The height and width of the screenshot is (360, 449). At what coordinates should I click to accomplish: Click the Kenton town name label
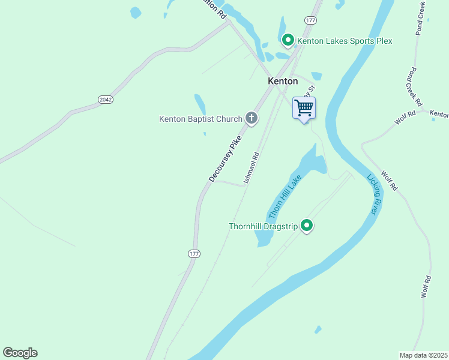pos(282,81)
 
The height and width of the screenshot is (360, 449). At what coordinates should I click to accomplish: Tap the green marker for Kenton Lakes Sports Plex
pos(288,40)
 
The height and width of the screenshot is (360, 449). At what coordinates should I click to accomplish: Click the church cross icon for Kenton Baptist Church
pos(252,118)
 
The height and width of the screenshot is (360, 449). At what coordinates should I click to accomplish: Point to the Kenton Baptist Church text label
pos(200,119)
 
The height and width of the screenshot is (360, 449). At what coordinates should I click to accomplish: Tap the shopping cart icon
pos(304,108)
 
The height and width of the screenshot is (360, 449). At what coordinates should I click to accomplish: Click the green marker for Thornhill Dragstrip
pos(307,226)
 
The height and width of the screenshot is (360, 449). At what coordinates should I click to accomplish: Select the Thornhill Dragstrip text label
pos(264,226)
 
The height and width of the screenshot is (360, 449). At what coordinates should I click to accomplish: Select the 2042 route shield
pos(105,99)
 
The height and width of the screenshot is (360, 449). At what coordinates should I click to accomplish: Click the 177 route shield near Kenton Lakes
pos(310,20)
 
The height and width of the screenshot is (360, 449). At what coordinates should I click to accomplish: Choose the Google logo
pos(20,353)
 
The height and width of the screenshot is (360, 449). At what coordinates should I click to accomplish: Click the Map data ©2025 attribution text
pos(423,355)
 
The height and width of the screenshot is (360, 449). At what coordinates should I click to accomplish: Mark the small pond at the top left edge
pos(136,11)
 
